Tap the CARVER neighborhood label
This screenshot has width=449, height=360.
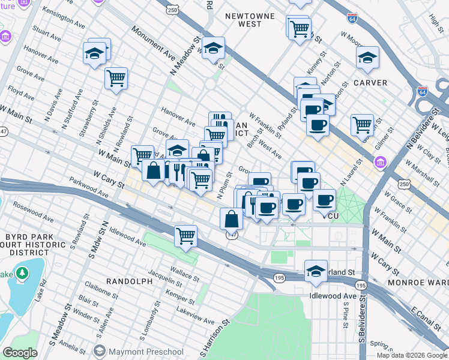coord(369,82)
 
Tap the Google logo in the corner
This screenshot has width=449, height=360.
coord(20,353)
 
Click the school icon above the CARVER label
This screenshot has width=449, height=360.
coord(367,58)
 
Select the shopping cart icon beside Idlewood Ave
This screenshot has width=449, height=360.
coord(186,235)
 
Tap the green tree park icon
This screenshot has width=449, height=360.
coord(23,274)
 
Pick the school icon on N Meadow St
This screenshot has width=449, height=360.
coord(212,48)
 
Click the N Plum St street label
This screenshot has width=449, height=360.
coord(224,186)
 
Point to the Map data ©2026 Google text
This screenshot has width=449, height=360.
coord(411,355)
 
